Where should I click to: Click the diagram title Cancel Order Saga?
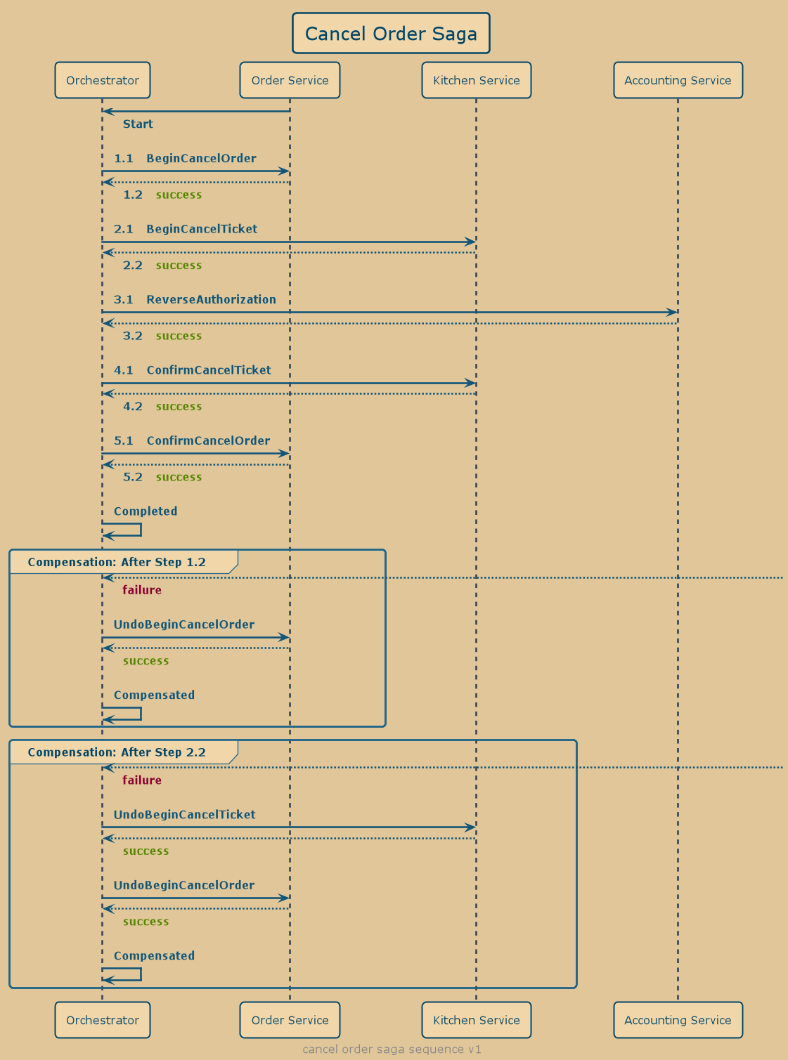[391, 34]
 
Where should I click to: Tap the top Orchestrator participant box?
[103, 80]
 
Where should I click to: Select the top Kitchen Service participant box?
[476, 80]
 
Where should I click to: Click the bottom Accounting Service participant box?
[678, 1020]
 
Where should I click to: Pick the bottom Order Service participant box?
[290, 1020]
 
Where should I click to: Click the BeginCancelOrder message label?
[201, 159]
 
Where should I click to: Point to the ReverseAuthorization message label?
[211, 300]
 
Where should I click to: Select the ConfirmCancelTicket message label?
[208, 370]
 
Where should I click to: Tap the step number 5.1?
[124, 441]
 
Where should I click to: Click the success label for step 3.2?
[179, 336]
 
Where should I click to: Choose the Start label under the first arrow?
[138, 124]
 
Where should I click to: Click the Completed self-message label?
[146, 511]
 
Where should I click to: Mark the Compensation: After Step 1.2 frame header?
[117, 562]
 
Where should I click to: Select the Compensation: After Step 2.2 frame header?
[117, 752]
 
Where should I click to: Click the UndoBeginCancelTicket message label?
[184, 815]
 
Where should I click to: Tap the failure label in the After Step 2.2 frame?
[142, 780]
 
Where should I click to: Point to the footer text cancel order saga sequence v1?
[392, 1049]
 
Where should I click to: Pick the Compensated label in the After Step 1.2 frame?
[154, 695]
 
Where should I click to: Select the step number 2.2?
[133, 266]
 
